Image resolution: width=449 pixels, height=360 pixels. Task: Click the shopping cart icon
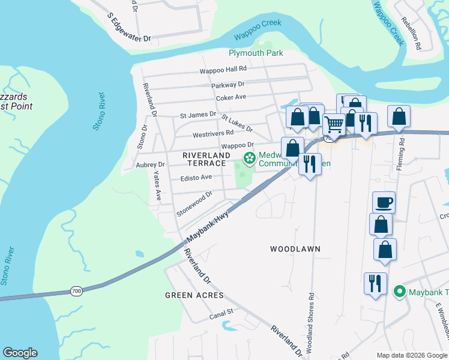(334, 124)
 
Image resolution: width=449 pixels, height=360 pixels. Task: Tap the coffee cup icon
(384, 202)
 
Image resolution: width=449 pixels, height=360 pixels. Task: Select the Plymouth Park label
(256, 53)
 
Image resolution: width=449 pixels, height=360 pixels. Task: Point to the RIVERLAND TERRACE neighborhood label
(206, 159)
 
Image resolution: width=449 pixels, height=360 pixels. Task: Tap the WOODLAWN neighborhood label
(295, 248)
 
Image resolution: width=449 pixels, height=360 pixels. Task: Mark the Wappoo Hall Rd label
(223, 70)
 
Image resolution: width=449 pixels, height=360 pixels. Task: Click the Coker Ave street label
(231, 97)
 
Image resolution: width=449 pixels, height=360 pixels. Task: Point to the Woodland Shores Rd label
(311, 321)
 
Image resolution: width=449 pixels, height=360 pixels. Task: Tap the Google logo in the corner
(20, 353)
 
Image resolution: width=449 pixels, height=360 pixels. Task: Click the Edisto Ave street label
(196, 178)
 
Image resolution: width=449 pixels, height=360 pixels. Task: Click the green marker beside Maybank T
(399, 292)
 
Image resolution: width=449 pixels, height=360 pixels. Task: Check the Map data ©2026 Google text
(412, 355)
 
